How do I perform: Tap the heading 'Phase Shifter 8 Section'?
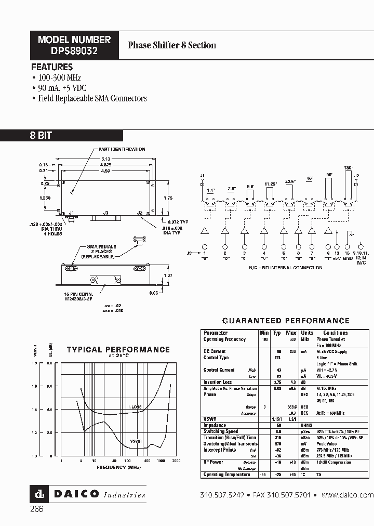click(x=172, y=45)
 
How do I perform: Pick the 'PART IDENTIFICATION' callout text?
click(x=123, y=149)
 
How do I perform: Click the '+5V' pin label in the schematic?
click(x=338, y=257)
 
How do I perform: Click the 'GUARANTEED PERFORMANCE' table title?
click(x=286, y=321)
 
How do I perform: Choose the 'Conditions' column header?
click(x=335, y=333)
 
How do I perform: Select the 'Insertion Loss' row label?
click(x=218, y=382)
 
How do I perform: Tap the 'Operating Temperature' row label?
click(x=226, y=475)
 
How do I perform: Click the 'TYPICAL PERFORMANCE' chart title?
click(x=118, y=350)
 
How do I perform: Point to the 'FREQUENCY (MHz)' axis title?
click(x=118, y=467)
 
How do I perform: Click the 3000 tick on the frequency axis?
click(x=176, y=461)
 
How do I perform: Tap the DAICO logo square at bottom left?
click(x=37, y=494)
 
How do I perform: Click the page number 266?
click(x=37, y=509)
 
